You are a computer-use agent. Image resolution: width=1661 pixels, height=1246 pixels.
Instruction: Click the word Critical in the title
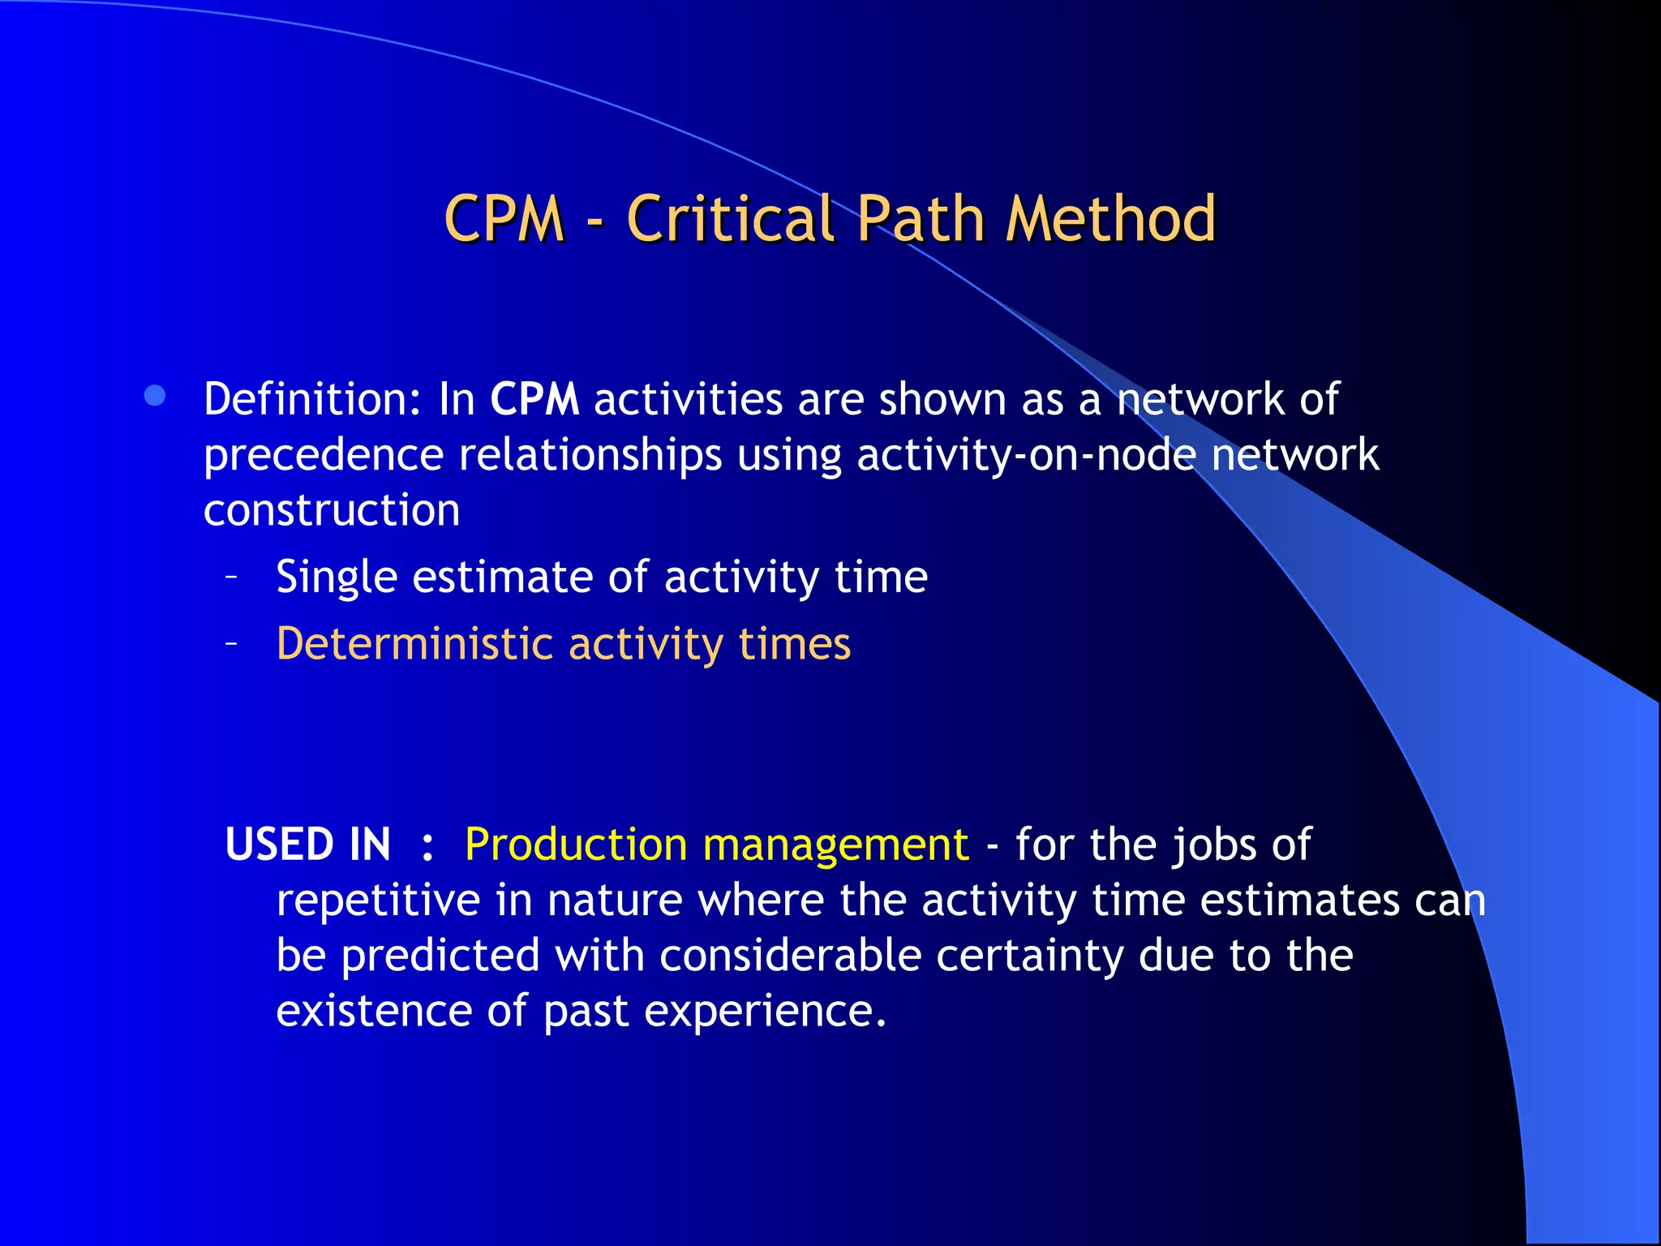click(730, 219)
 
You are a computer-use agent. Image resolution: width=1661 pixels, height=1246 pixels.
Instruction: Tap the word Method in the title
click(1110, 219)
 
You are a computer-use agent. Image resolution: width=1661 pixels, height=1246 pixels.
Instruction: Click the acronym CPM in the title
click(504, 219)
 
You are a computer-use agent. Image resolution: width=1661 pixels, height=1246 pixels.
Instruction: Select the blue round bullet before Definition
click(155, 396)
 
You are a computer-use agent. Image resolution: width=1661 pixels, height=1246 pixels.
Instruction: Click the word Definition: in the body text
click(311, 399)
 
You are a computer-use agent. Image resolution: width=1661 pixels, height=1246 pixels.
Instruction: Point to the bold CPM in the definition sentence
click(534, 399)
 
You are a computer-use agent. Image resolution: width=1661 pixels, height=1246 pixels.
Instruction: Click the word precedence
click(323, 454)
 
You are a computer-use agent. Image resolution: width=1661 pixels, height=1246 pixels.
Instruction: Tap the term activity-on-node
click(1026, 454)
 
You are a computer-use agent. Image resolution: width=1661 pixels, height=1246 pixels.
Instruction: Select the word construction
click(332, 509)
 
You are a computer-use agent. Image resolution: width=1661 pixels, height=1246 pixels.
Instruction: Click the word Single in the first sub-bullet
click(336, 578)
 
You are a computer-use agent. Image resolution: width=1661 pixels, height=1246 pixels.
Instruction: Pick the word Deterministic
click(414, 644)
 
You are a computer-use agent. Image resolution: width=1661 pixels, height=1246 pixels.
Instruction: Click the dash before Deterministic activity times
click(232, 644)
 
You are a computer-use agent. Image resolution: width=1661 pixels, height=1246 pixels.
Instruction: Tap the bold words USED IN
click(308, 844)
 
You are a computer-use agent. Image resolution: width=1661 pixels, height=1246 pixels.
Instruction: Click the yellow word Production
click(576, 844)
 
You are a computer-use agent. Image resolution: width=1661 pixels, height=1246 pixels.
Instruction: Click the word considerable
click(790, 956)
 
